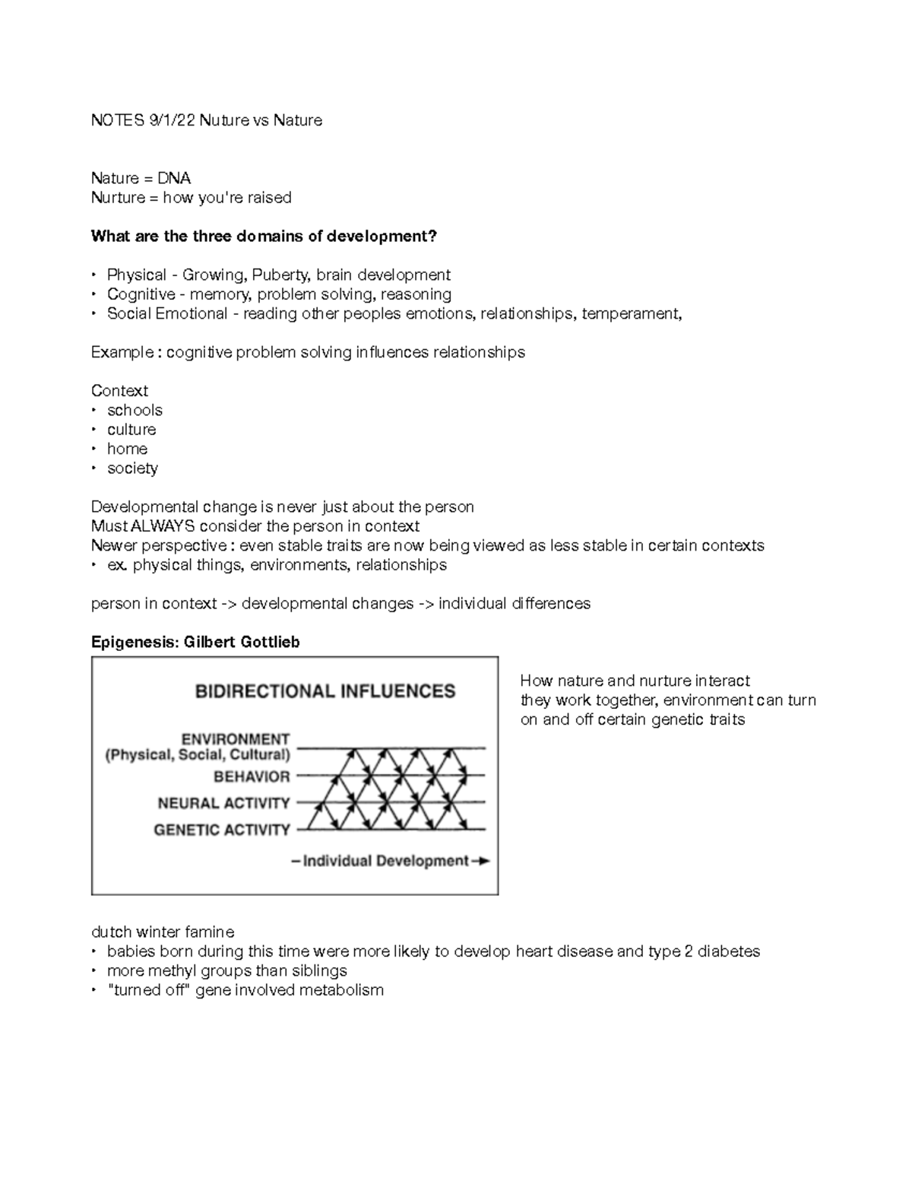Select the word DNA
(174, 178)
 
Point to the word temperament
(631, 313)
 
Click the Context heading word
(119, 391)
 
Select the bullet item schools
(135, 410)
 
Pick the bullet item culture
(131, 430)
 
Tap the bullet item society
(132, 468)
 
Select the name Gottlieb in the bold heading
(270, 642)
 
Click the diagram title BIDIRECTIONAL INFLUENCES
(325, 691)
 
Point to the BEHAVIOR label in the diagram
(252, 776)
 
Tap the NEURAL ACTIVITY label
(223, 803)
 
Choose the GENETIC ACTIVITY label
(222, 830)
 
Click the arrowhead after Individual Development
(482, 861)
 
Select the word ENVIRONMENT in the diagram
(236, 739)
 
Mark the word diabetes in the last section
(728, 951)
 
